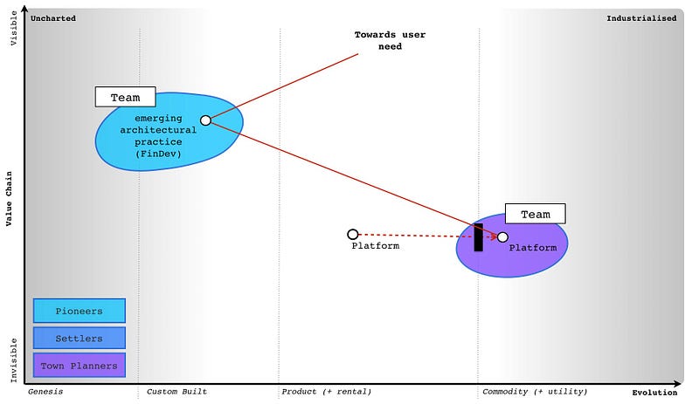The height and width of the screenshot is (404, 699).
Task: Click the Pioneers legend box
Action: [x=79, y=311]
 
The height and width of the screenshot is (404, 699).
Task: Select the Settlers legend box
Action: [x=79, y=338]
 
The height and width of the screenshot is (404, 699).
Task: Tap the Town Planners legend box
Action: [x=79, y=366]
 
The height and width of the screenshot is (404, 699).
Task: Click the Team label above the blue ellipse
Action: [x=125, y=97]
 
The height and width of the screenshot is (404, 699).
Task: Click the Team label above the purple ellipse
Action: [x=535, y=214]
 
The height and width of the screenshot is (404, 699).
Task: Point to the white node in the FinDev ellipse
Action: [x=205, y=120]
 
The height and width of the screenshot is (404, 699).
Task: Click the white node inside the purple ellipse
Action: [x=502, y=236]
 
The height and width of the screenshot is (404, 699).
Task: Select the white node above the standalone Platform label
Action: [x=353, y=234]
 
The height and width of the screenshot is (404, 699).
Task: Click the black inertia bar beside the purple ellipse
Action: [x=478, y=237]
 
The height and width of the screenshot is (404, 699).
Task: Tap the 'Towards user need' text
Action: [x=378, y=40]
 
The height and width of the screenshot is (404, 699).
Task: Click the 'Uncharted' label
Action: [x=53, y=17]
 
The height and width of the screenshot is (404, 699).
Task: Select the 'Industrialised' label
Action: [x=641, y=17]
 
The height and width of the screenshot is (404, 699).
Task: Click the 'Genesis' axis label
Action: [x=45, y=392]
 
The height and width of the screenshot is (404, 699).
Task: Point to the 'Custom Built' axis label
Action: [x=176, y=392]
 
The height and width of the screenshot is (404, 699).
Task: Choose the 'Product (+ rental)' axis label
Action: [x=326, y=392]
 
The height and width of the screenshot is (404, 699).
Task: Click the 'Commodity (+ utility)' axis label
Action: [x=535, y=392]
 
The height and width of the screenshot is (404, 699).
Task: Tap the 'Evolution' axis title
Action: [x=654, y=393]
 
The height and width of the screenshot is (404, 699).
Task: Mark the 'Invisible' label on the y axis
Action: [x=11, y=359]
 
